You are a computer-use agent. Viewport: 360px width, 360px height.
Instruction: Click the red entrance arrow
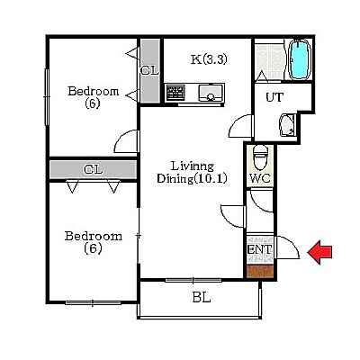(x=319, y=252)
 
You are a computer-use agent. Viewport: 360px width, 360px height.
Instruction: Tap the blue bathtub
(x=300, y=59)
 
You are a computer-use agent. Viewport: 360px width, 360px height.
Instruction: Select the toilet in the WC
(x=260, y=157)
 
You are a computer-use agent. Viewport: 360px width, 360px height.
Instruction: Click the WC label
(x=260, y=179)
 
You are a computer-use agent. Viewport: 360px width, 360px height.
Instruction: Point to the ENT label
(x=260, y=249)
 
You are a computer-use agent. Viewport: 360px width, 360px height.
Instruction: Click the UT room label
(x=274, y=97)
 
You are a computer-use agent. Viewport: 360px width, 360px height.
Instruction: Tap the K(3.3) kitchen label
(x=209, y=59)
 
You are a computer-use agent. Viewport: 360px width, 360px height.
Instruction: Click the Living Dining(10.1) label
(x=192, y=172)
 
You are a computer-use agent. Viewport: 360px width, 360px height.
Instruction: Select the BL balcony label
(x=202, y=298)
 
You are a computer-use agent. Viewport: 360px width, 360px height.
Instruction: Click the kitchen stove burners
(x=175, y=93)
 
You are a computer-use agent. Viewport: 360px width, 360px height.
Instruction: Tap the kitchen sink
(x=211, y=93)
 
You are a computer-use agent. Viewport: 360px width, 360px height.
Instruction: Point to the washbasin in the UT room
(x=287, y=125)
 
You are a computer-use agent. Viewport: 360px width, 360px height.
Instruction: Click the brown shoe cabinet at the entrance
(x=260, y=271)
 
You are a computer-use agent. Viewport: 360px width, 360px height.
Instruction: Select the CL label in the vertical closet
(x=149, y=71)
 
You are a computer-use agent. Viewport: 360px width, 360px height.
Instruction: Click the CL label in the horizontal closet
(x=93, y=170)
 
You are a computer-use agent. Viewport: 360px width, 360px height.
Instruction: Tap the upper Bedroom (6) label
(x=93, y=97)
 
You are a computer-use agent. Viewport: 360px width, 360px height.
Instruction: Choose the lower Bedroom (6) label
(x=94, y=242)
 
